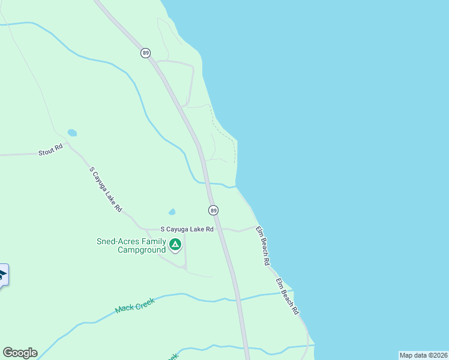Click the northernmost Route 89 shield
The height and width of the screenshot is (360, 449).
[x=146, y=53]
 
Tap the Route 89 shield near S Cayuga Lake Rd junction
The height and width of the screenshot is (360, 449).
[x=213, y=210]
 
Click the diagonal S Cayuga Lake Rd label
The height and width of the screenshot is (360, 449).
[x=106, y=190]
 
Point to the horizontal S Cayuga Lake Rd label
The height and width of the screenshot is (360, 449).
[x=187, y=229]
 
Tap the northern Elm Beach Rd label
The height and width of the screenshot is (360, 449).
[x=262, y=246]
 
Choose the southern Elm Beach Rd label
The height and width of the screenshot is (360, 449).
[x=287, y=296]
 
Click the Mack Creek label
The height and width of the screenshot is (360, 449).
[x=135, y=305]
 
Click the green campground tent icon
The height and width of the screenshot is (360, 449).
[x=175, y=244]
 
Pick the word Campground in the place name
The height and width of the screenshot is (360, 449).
[x=141, y=250]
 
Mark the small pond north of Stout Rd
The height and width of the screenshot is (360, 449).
[x=72, y=133]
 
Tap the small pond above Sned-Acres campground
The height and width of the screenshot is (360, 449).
[x=172, y=212]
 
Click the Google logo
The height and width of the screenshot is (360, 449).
[x=20, y=353]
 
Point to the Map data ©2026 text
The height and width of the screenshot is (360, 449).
[x=423, y=355]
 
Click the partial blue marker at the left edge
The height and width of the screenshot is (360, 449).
[x=3, y=275]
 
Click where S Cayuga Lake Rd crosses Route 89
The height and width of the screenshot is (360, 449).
[x=218, y=229]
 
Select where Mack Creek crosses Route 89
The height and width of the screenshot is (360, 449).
[x=238, y=298]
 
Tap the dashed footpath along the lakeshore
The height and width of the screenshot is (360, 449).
[x=223, y=128]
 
